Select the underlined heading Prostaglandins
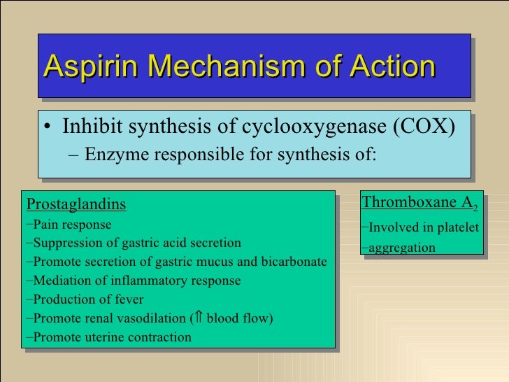click(76, 204)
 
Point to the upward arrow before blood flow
click(198, 318)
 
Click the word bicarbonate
click(294, 262)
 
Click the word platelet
click(457, 227)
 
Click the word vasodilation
click(155, 318)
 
